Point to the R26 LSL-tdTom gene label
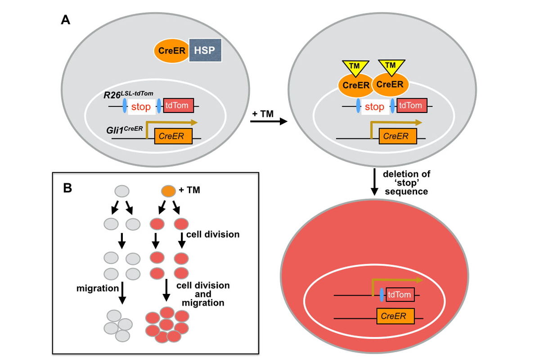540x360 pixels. point(128,94)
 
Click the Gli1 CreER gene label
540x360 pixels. point(127,129)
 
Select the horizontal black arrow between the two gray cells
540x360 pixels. point(269,121)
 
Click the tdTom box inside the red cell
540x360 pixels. point(399,295)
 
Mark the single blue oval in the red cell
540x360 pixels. point(382,295)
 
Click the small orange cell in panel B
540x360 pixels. point(168,191)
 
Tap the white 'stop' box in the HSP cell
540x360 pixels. point(141,107)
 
